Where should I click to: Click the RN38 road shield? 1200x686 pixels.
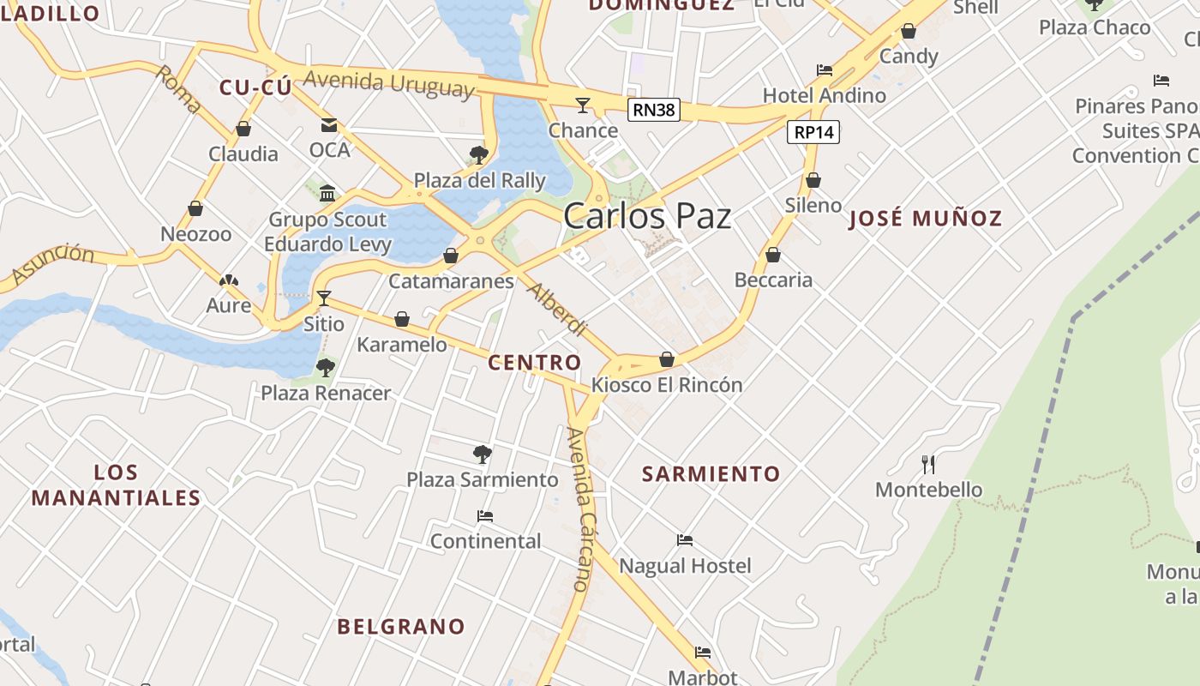pyautogui.click(x=653, y=109)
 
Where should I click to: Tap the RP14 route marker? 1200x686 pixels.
pyautogui.click(x=813, y=132)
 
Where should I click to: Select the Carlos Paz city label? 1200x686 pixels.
pyautogui.click(x=647, y=216)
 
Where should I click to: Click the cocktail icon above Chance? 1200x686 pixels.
pyautogui.click(x=583, y=105)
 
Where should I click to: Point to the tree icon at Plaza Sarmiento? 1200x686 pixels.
pyautogui.click(x=482, y=454)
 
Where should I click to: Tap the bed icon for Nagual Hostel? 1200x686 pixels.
pyautogui.click(x=684, y=540)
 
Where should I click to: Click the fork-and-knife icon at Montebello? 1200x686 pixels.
pyautogui.click(x=928, y=465)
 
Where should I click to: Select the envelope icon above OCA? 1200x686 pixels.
pyautogui.click(x=329, y=125)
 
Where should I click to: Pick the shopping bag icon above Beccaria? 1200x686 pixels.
pyautogui.click(x=773, y=256)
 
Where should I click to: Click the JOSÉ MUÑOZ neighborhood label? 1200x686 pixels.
pyautogui.click(x=925, y=218)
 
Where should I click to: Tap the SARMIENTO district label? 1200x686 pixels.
pyautogui.click(x=711, y=473)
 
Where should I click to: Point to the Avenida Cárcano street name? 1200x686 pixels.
pyautogui.click(x=580, y=509)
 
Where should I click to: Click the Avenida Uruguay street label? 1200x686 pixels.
pyautogui.click(x=388, y=84)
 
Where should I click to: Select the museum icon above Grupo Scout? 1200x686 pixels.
pyautogui.click(x=327, y=194)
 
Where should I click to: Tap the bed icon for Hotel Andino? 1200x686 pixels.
pyautogui.click(x=825, y=70)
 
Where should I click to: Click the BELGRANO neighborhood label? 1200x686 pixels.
pyautogui.click(x=400, y=626)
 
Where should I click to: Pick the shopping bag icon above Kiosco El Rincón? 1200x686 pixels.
pyautogui.click(x=667, y=359)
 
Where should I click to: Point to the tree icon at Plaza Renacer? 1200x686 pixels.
pyautogui.click(x=325, y=368)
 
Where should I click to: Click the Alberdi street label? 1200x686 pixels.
pyautogui.click(x=556, y=308)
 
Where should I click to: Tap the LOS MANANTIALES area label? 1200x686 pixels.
pyautogui.click(x=116, y=484)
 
